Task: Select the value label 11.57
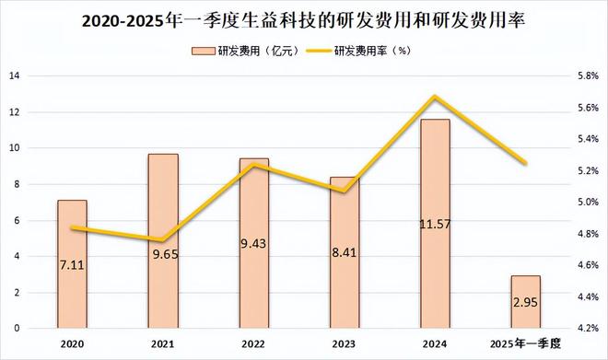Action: (x=435, y=223)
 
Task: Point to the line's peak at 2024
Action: (x=435, y=97)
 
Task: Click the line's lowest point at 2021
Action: (x=163, y=240)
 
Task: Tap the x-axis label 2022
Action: (x=253, y=343)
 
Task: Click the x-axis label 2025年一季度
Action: (x=526, y=343)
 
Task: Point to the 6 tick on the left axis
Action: (x=18, y=220)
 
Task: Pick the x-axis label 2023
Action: (x=345, y=343)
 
